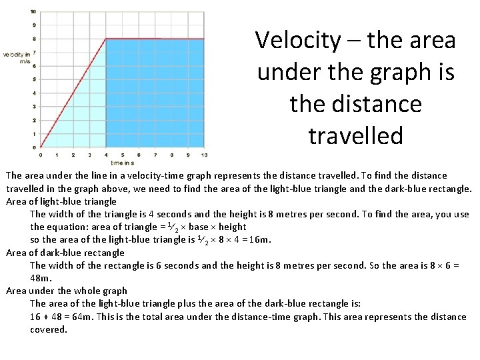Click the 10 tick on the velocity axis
click(33, 12)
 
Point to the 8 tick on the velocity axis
click(34, 39)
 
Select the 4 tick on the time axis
click(106, 155)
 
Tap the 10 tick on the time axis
click(204, 155)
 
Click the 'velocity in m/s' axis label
click(16, 57)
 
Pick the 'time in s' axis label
click(123, 163)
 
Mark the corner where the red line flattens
click(107, 39)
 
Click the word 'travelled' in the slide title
click(355, 136)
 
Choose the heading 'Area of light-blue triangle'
click(61, 201)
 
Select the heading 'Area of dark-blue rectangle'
click(65, 253)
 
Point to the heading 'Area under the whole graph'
click(67, 291)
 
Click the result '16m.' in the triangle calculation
click(260, 240)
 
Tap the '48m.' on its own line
click(41, 278)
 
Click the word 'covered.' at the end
click(49, 329)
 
